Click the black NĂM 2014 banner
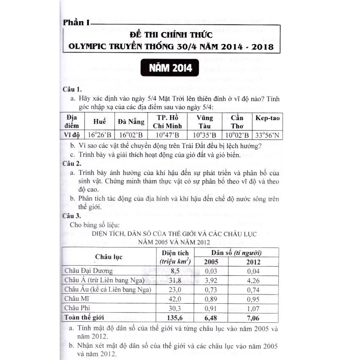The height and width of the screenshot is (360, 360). pyautogui.click(x=170, y=68)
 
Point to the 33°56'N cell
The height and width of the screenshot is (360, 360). pyautogui.click(x=267, y=135)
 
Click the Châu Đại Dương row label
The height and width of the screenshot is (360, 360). pyautogui.click(x=88, y=271)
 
